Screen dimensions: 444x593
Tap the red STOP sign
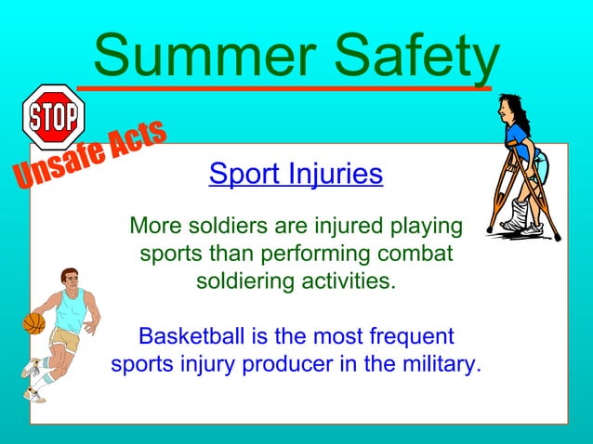coord(53,117)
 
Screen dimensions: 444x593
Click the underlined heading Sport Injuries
coord(296,174)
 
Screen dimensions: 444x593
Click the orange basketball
coord(33,323)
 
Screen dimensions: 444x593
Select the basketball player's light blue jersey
coord(70,310)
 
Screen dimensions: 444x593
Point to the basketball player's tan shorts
coord(65,338)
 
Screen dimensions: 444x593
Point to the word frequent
coord(408,335)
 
